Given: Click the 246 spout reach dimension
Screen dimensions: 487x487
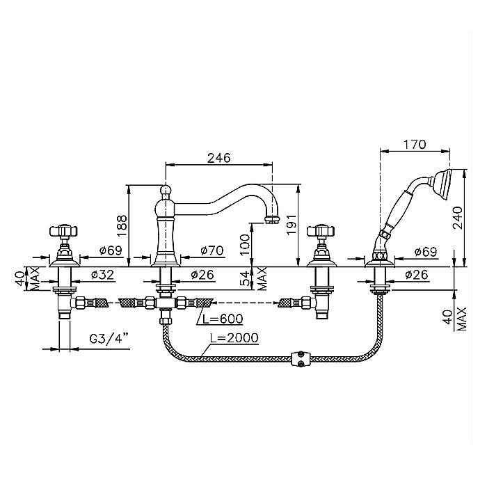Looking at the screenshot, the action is tap(219, 158).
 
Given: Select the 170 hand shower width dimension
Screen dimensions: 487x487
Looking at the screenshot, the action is tap(415, 145).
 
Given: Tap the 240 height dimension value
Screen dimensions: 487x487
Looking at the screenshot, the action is tap(458, 218).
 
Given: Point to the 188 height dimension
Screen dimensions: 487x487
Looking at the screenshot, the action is tap(123, 225).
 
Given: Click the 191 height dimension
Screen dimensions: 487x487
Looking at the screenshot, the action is tap(292, 224).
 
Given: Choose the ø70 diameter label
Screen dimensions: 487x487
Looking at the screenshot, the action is tap(212, 250).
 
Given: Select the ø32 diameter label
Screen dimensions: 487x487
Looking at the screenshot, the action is tap(102, 275).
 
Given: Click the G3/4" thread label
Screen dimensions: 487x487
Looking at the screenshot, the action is tap(109, 338).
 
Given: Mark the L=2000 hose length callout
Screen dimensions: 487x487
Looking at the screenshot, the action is tap(234, 337).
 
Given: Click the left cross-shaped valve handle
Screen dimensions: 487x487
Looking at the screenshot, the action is tap(63, 230).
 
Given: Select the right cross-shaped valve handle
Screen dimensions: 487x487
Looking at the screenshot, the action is tap(321, 230).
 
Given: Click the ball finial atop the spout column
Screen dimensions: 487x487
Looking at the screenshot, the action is tap(166, 189).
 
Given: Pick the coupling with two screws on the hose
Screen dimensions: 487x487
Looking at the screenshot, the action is tap(300, 359).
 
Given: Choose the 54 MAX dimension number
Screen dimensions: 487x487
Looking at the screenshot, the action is tap(245, 278).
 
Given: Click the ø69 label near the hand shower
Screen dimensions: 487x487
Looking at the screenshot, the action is tap(426, 252).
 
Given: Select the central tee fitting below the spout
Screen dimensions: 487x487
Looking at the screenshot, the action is tap(166, 302).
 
